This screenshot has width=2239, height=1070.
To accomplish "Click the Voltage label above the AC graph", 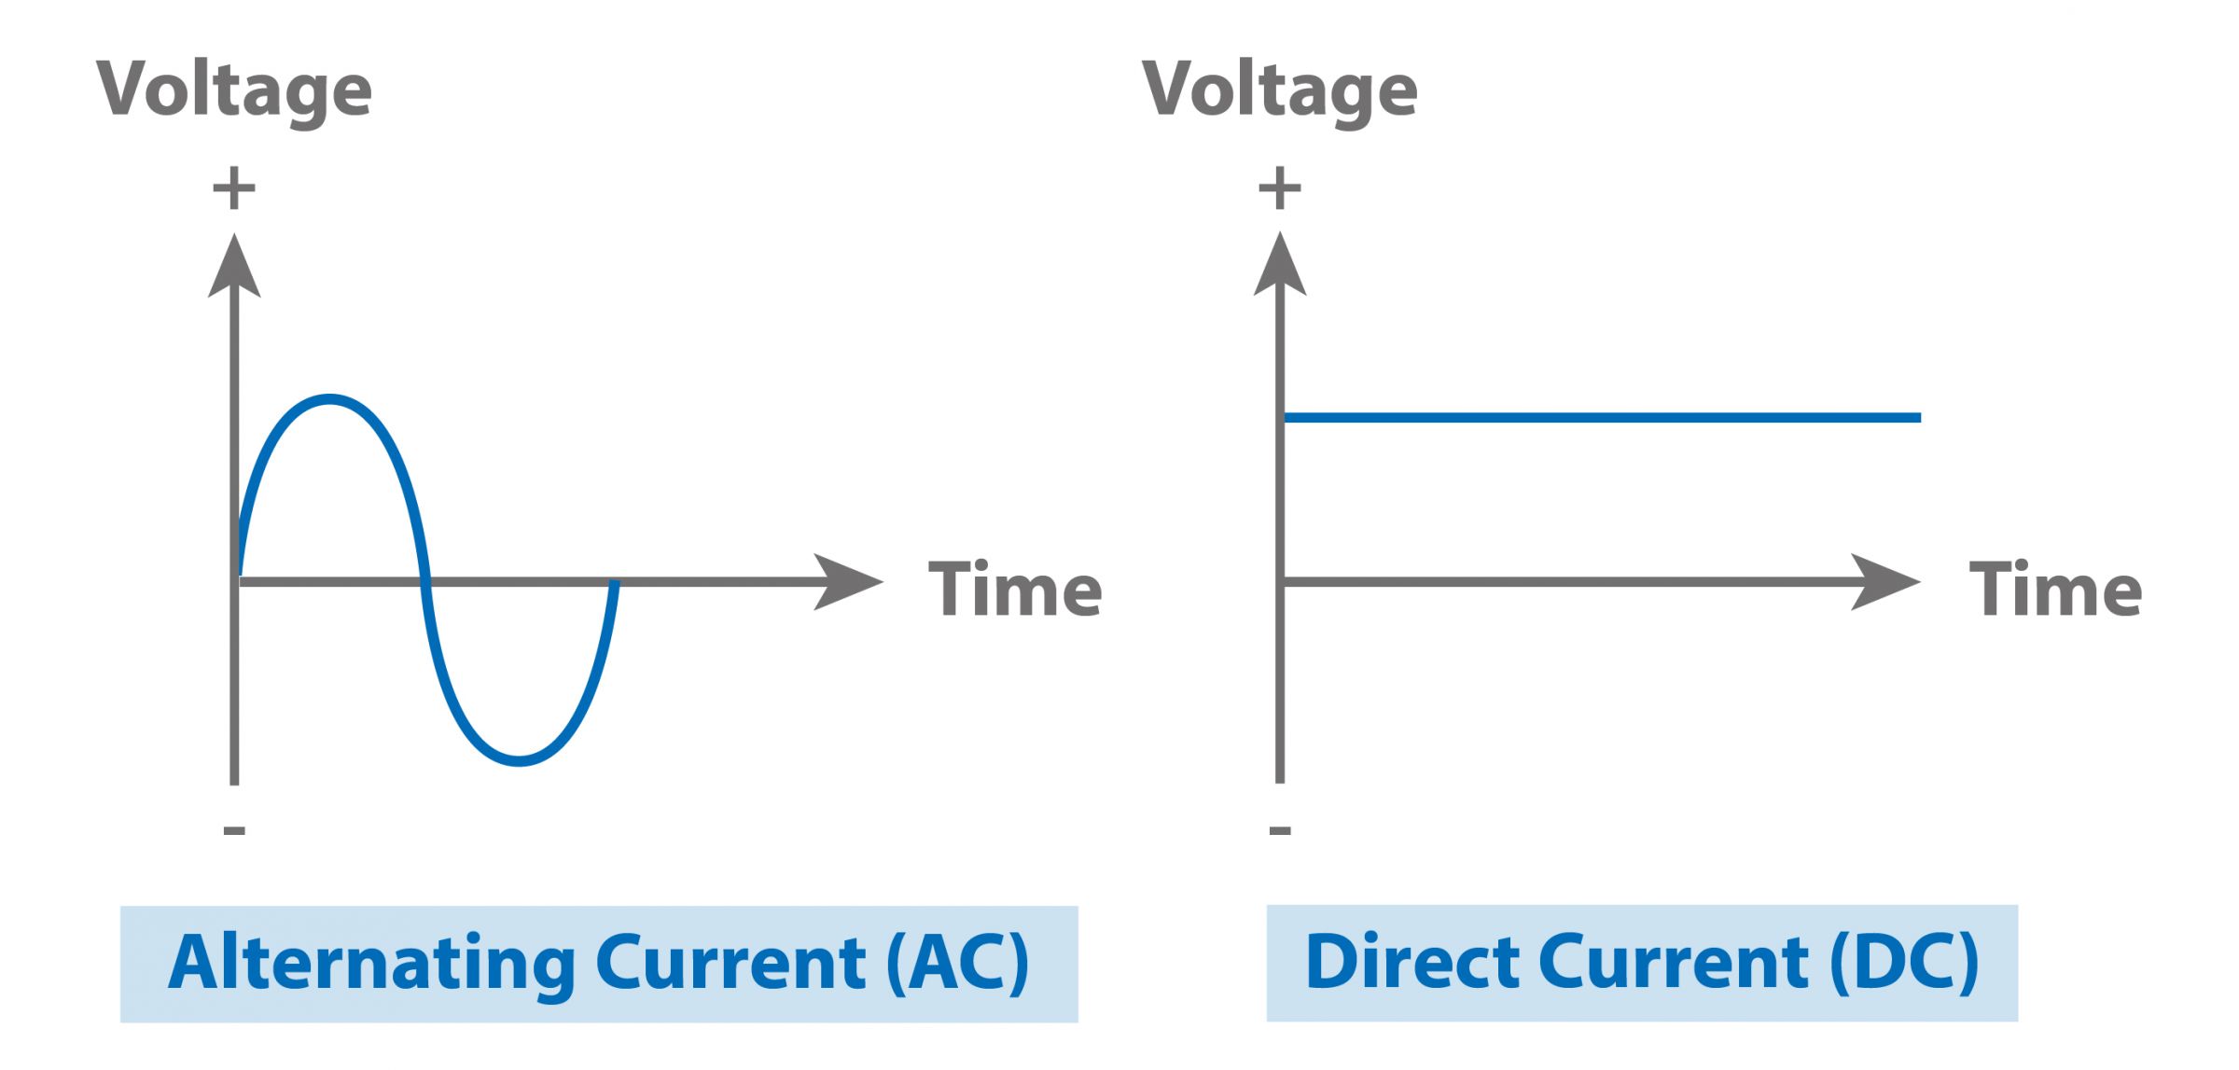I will point(233,90).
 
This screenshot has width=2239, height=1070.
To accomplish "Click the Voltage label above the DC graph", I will point(1279,90).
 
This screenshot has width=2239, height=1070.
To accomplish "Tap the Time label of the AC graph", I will point(1015,590).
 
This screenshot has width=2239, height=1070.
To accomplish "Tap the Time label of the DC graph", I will point(2055,590).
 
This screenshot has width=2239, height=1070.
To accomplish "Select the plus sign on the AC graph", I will point(233,189).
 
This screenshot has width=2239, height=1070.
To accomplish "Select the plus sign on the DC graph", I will point(1279,189).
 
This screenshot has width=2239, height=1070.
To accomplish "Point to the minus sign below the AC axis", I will point(234,829).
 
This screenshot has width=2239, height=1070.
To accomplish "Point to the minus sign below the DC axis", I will point(1280,829).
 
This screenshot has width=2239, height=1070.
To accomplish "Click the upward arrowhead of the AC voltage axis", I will point(234,269).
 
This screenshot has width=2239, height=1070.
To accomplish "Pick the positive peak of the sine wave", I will point(329,399).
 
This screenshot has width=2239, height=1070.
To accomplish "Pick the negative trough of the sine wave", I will point(519,762).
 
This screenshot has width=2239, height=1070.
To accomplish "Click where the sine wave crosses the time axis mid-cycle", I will point(425,582).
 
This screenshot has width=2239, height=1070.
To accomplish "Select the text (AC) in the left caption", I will point(957,963).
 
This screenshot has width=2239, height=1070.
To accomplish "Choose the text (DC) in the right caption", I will point(1903,963).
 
